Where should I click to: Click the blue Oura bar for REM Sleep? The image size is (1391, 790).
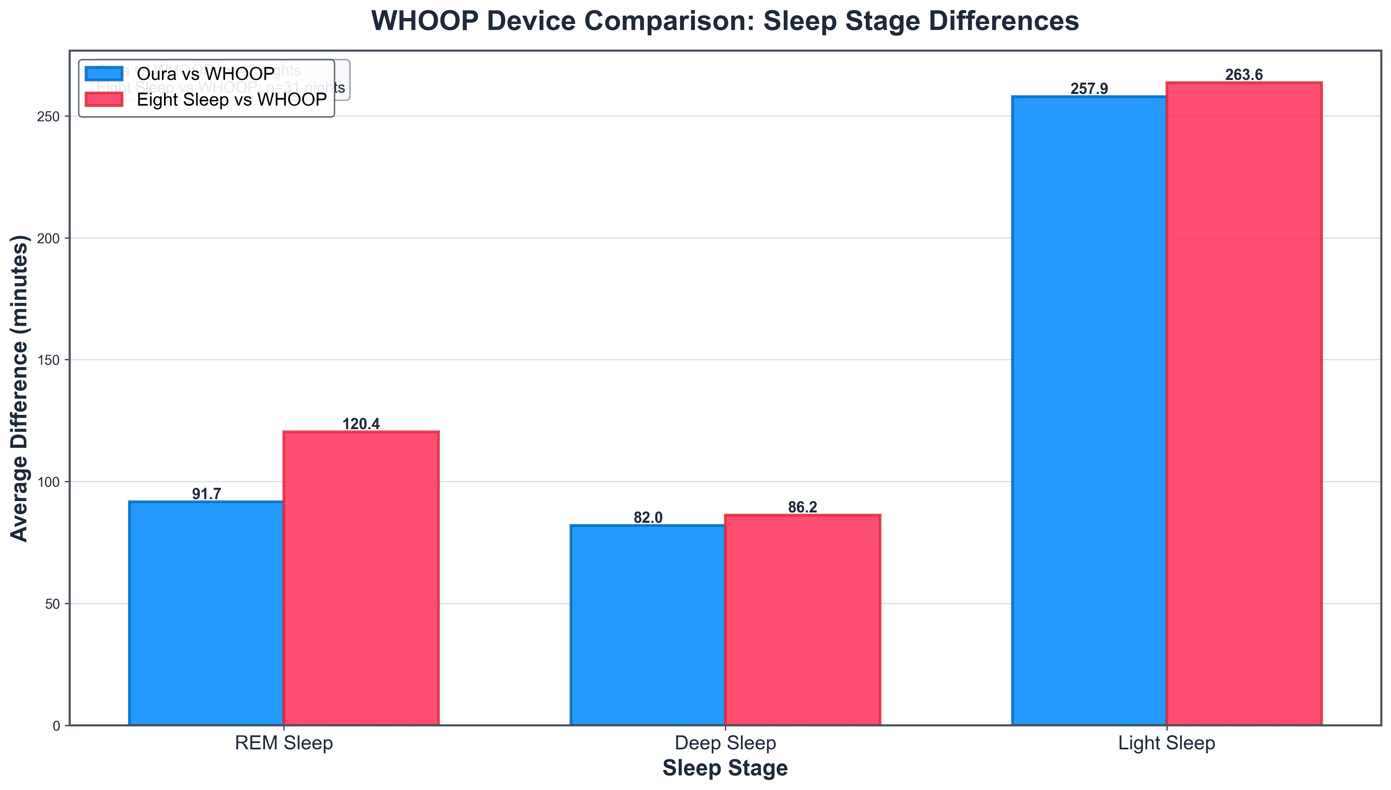[x=206, y=613]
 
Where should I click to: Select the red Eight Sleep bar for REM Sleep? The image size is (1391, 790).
[x=361, y=578]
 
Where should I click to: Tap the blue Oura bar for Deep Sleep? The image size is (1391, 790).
[x=648, y=624]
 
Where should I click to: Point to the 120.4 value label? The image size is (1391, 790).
[x=361, y=424]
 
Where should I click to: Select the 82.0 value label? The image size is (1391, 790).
[x=648, y=518]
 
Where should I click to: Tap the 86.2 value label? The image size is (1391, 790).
[x=802, y=507]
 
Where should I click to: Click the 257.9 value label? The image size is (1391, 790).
[x=1089, y=89]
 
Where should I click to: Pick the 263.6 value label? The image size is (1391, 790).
[x=1244, y=75]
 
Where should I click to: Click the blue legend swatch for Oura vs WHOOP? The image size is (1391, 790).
[x=104, y=74]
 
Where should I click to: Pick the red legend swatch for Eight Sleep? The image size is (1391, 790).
[x=104, y=99]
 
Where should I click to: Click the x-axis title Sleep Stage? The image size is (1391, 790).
[x=725, y=769]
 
